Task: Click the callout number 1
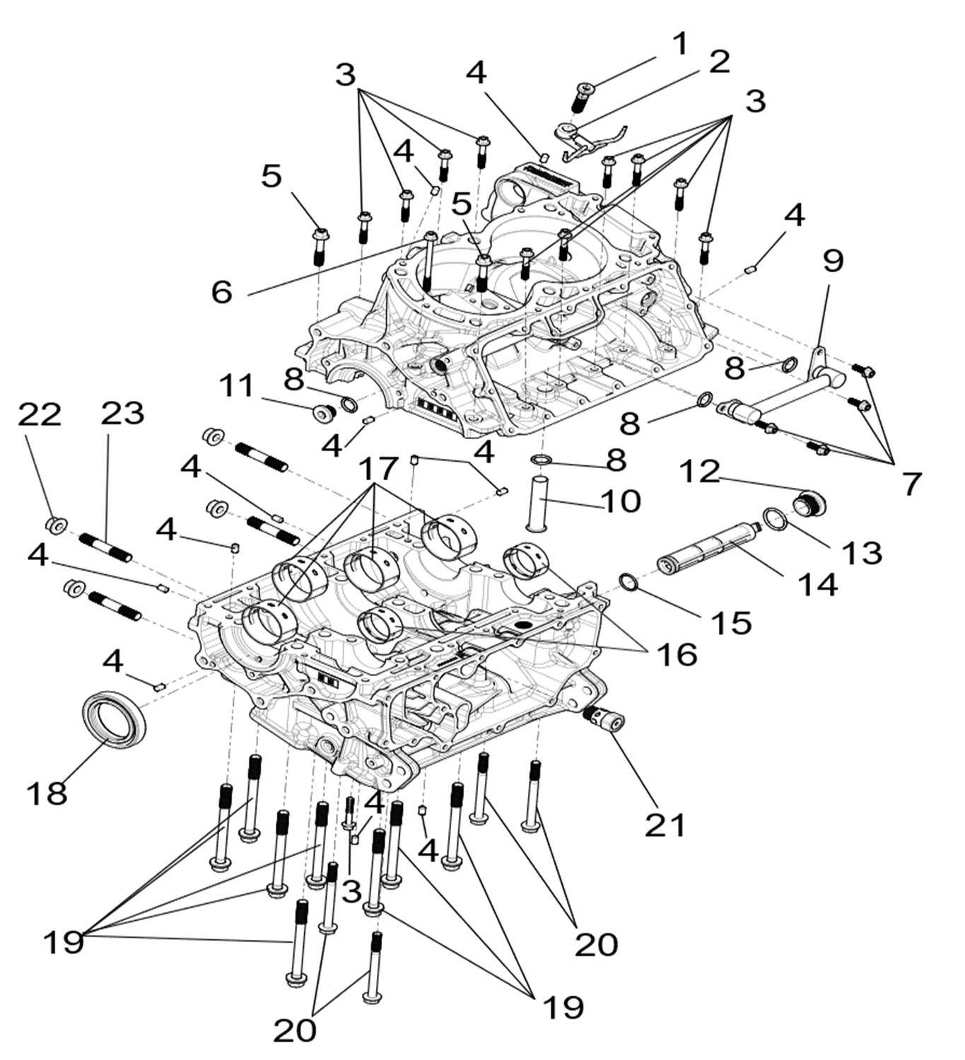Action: pyautogui.click(x=679, y=44)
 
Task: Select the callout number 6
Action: pyautogui.click(x=222, y=291)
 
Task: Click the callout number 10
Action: pyautogui.click(x=621, y=501)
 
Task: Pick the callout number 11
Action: pyautogui.click(x=236, y=386)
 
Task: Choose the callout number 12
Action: pyautogui.click(x=700, y=472)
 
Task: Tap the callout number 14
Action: pyautogui.click(x=817, y=584)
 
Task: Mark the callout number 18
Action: pyautogui.click(x=47, y=793)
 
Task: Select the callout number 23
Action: pyautogui.click(x=122, y=413)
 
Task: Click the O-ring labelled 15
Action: pyautogui.click(x=628, y=582)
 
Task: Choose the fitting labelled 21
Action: pyautogui.click(x=603, y=721)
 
